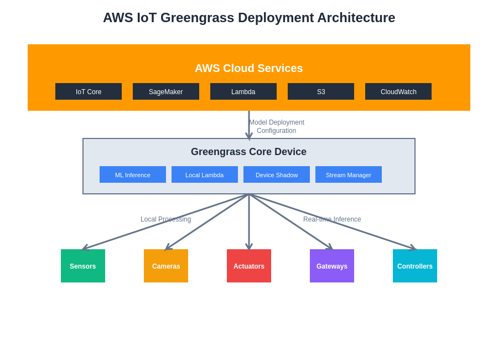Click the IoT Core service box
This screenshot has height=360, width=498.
89,91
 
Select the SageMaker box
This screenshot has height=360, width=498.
166,91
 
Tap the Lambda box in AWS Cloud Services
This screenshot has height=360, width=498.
243,91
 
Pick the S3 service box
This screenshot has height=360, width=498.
321,91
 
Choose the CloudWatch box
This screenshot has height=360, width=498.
398,91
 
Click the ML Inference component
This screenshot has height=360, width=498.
133,174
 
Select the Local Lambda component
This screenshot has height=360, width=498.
205,174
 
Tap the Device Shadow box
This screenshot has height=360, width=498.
277,174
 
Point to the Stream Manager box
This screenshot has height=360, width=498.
349,174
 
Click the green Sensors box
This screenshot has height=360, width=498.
83,266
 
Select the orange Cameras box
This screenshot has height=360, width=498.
166,266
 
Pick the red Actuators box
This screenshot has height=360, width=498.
249,266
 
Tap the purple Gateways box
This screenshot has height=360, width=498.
332,266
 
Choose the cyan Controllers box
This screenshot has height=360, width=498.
415,266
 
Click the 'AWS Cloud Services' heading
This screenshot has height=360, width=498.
249,68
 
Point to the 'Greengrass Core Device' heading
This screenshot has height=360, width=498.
248,152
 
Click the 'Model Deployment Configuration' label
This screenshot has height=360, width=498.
277,126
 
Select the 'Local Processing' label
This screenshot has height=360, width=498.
165,219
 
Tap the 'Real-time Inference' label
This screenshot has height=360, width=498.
332,219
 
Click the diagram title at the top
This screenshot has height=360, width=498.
249,18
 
